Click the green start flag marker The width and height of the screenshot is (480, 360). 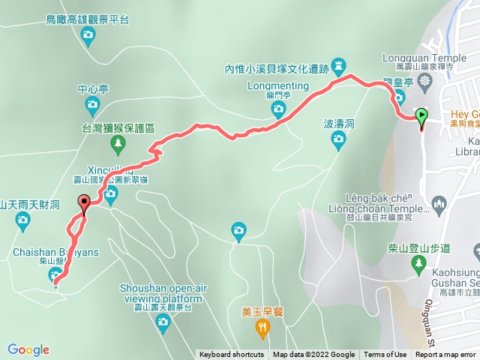coord(421,117)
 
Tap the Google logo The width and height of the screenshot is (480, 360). coord(28,349)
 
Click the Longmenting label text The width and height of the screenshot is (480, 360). coord(277,85)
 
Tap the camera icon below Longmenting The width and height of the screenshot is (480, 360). coord(278,110)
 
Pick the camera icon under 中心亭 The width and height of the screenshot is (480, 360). coord(93,103)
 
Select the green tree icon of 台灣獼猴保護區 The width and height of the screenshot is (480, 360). coord(117,142)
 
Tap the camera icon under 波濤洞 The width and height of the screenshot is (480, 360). coord(339,138)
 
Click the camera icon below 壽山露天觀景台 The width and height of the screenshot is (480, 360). coord(163,322)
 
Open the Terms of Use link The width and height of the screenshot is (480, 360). coord(385,355)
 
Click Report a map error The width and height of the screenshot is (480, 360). coord(446,355)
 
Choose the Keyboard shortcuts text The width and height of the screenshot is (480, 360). coord(231,355)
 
